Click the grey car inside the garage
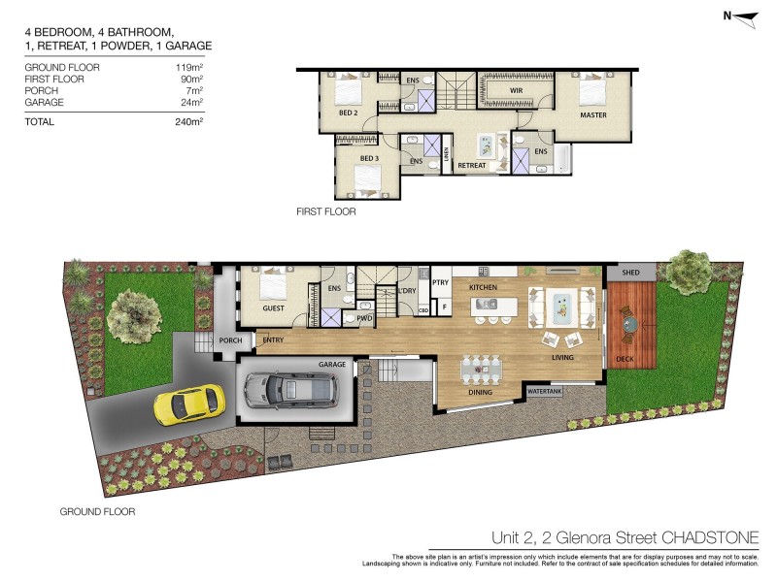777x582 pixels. point(290,389)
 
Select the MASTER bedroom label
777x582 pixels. point(593,115)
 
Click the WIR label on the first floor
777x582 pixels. point(518,91)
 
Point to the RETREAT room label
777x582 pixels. point(471,165)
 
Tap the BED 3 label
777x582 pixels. point(369,158)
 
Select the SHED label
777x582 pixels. point(630,274)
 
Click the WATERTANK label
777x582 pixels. point(545,392)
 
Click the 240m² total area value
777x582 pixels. point(188,122)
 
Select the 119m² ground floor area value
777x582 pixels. point(188,67)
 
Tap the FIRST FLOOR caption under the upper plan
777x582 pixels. point(326,211)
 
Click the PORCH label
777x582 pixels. point(230,340)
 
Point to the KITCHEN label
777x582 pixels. point(484,288)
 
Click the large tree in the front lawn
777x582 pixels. point(134,312)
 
